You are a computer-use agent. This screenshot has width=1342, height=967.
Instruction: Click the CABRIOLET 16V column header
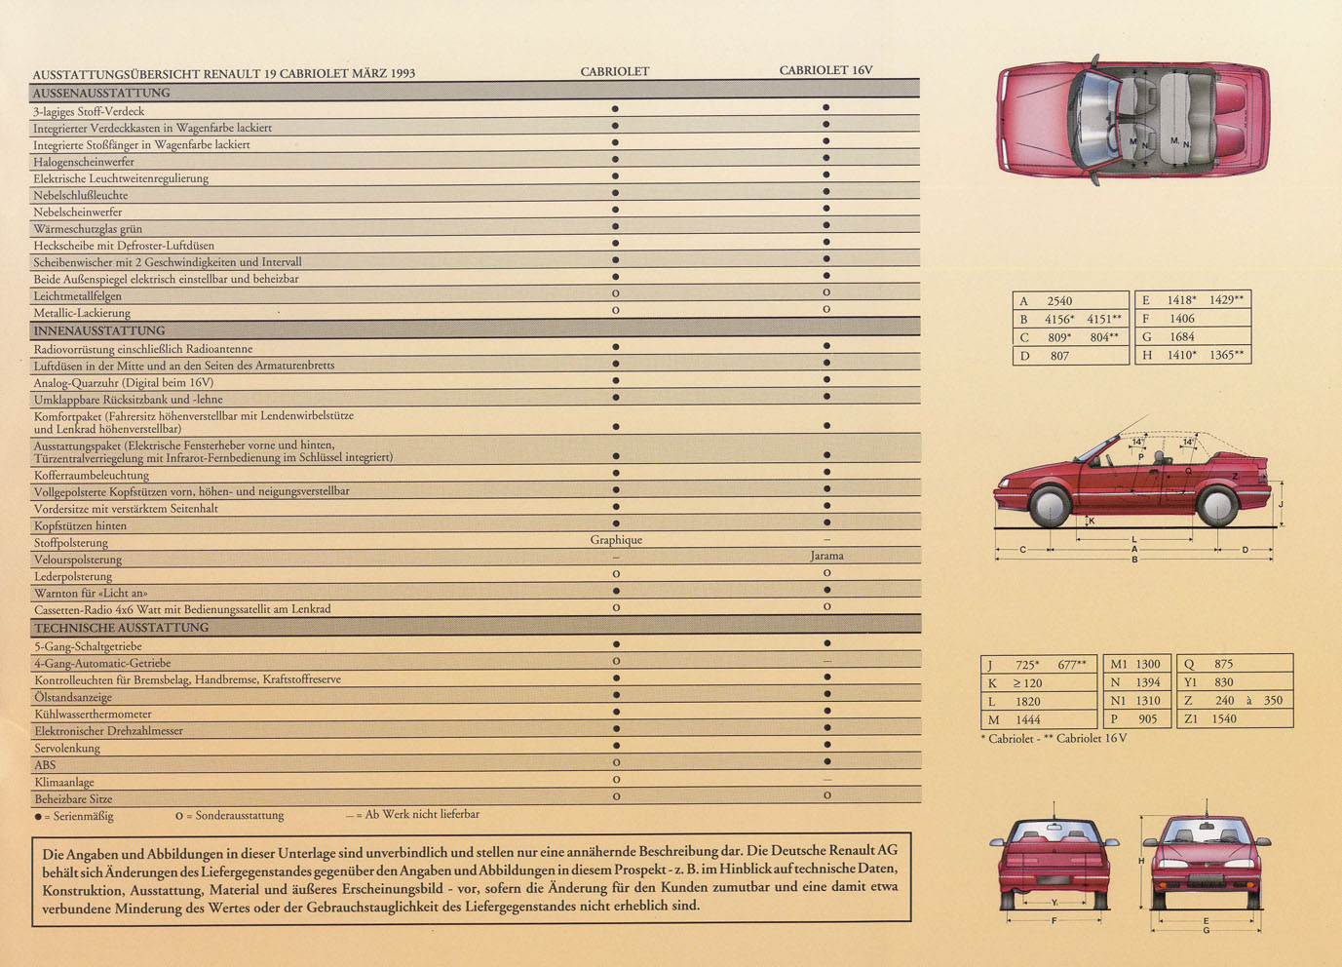click(825, 70)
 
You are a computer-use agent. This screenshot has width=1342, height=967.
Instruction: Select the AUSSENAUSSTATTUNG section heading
click(101, 93)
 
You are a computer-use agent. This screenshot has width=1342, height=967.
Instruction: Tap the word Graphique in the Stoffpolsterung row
click(616, 540)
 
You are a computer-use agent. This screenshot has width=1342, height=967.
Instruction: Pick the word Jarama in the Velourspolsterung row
click(826, 556)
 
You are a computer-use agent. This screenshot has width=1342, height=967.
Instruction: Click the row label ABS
click(45, 765)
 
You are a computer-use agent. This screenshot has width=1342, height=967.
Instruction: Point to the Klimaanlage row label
click(64, 782)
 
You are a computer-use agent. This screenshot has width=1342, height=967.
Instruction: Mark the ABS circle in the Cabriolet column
click(617, 762)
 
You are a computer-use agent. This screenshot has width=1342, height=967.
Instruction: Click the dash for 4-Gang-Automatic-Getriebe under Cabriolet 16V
click(827, 661)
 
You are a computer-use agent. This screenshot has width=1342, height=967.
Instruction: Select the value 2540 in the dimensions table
click(1059, 301)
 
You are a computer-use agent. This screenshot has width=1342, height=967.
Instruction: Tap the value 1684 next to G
click(1182, 336)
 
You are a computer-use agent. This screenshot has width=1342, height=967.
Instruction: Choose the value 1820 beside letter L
click(1027, 701)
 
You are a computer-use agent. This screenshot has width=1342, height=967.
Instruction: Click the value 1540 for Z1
click(1223, 718)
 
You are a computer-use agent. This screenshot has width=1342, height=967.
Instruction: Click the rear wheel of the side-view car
click(1217, 506)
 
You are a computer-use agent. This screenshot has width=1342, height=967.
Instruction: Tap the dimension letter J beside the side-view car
click(1281, 505)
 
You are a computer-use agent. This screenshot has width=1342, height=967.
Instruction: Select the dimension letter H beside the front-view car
click(1141, 861)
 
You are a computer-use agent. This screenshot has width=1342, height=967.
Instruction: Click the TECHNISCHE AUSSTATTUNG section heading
click(122, 628)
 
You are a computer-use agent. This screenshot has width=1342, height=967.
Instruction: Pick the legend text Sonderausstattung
click(240, 816)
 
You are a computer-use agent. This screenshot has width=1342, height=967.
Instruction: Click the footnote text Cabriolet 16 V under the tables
click(1092, 738)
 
